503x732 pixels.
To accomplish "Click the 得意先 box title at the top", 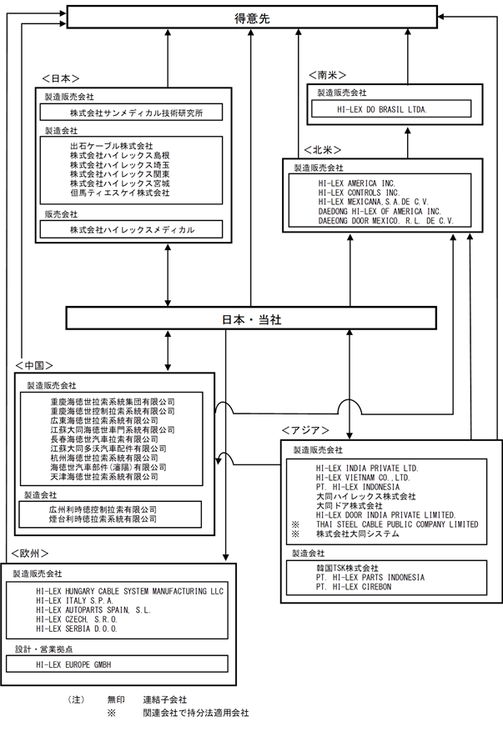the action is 252,18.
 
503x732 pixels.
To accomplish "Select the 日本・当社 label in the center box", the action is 251,319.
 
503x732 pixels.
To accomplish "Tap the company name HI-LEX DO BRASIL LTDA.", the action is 382,109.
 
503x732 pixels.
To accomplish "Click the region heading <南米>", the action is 327,75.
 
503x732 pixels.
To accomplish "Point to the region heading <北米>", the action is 322,150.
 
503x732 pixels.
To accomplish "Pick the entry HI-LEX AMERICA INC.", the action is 357,183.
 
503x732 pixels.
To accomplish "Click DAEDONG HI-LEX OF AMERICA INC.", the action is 380,211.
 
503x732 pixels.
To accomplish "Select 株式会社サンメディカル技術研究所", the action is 136,113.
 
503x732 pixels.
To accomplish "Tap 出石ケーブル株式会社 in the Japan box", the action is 112,146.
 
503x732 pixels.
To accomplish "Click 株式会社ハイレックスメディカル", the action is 132,229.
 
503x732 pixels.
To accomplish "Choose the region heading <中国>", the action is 34,365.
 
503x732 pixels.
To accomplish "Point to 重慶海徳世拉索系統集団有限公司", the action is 113,402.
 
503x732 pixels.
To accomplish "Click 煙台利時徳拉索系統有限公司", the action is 103,519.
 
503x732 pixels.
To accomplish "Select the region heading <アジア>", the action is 305,430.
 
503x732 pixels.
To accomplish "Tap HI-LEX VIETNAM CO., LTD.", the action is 363,477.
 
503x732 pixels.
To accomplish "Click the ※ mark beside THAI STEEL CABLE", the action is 295,524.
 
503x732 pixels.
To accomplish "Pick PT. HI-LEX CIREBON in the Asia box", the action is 354,586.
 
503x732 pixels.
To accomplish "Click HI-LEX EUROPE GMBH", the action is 73,664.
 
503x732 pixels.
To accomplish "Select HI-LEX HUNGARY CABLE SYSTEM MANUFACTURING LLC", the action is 130,591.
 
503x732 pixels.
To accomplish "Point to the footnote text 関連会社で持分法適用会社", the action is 196,713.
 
